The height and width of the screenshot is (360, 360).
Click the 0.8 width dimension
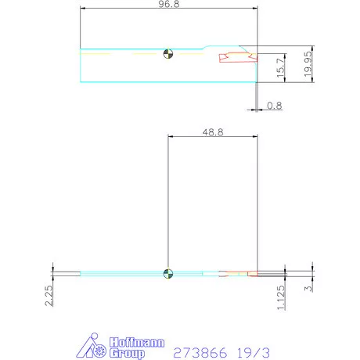(x=275, y=106)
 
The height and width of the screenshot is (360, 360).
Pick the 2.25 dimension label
(x=49, y=297)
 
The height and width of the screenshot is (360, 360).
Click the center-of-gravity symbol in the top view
(x=167, y=54)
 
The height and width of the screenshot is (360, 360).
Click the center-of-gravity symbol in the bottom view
(x=167, y=273)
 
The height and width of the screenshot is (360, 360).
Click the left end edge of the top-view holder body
(x=81, y=64)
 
